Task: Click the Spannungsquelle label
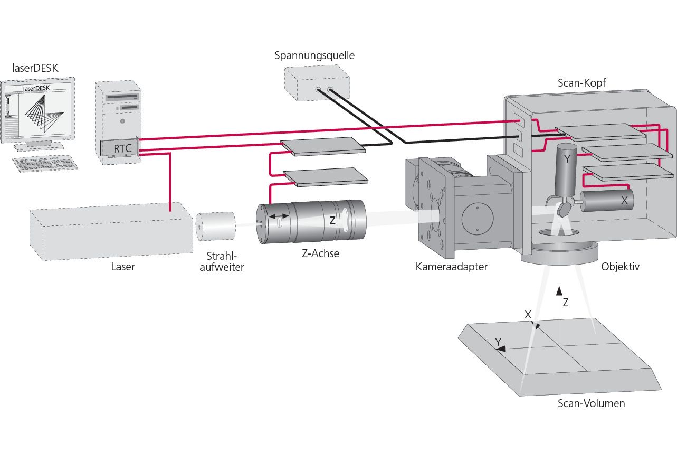[314, 55]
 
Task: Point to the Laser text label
[122, 267]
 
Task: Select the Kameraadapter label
[451, 267]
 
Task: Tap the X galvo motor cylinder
[607, 201]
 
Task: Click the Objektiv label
[620, 267]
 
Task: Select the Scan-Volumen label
[591, 404]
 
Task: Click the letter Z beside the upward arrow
[566, 303]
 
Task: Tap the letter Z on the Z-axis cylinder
[332, 221]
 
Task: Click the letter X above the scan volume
[527, 314]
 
